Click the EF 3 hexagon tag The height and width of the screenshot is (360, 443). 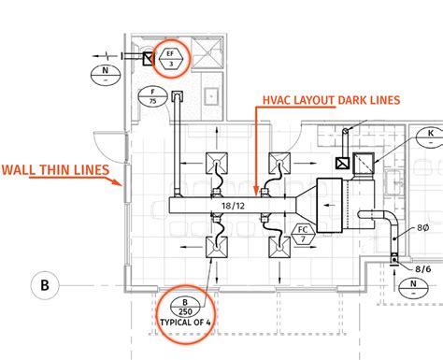[172, 56]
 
